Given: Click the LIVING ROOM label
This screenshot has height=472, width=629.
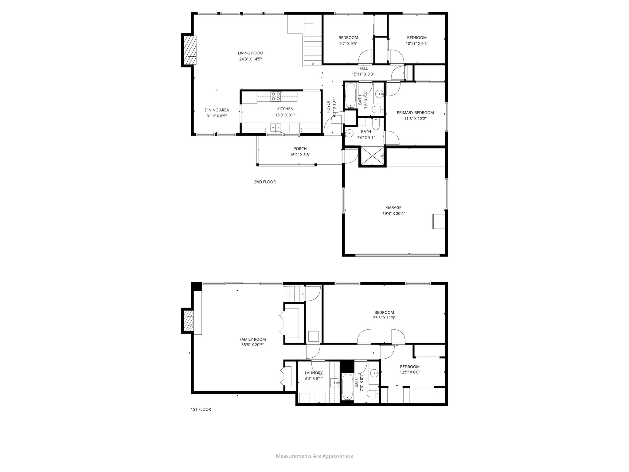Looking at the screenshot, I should pyautogui.click(x=250, y=53).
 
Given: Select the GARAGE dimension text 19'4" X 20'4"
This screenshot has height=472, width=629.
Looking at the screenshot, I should pyautogui.click(x=393, y=214).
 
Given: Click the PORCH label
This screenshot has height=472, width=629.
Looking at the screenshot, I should pyautogui.click(x=300, y=149).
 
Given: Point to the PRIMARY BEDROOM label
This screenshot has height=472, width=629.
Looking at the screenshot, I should pyautogui.click(x=415, y=112).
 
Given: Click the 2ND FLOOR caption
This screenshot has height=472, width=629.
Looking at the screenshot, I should pyautogui.click(x=264, y=182).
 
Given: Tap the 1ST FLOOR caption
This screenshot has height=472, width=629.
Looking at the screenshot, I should pyautogui.click(x=201, y=409).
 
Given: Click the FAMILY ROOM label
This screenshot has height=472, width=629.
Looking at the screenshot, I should pyautogui.click(x=252, y=339).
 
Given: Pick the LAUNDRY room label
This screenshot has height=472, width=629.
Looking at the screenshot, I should pyautogui.click(x=314, y=373).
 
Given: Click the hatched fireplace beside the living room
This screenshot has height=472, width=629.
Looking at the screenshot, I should pyautogui.click(x=189, y=50).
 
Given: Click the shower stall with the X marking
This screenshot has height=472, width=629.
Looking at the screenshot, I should pyautogui.click(x=372, y=156).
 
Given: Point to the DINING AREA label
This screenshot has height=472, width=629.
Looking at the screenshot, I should pyautogui.click(x=217, y=110).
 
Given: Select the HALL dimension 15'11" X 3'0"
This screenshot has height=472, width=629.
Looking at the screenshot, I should pyautogui.click(x=363, y=74).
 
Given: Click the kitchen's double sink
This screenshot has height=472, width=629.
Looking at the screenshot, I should pyautogui.click(x=61, y=127).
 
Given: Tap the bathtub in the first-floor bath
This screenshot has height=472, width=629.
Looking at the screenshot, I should pyautogui.click(x=347, y=386).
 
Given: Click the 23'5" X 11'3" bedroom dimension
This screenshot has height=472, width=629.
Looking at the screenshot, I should pyautogui.click(x=384, y=318).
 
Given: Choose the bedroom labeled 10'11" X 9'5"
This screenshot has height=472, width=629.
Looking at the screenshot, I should pyautogui.click(x=416, y=41).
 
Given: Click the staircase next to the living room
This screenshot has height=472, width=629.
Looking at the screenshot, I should pyautogui.click(x=312, y=45).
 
